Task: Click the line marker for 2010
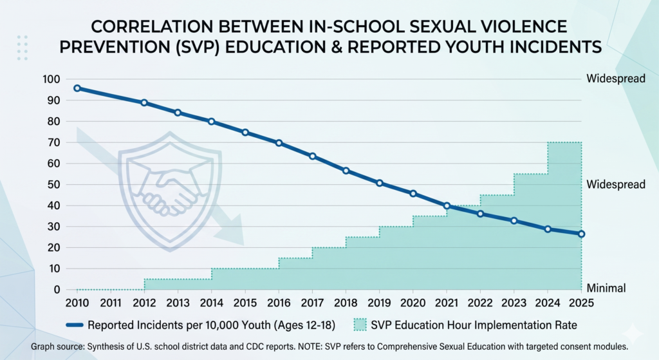(77, 88)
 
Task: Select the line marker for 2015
(245, 133)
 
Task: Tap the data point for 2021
(447, 206)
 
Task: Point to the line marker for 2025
(581, 234)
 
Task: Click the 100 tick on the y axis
(51, 79)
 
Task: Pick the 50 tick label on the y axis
(53, 185)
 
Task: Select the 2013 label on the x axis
(178, 303)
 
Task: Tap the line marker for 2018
(346, 171)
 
